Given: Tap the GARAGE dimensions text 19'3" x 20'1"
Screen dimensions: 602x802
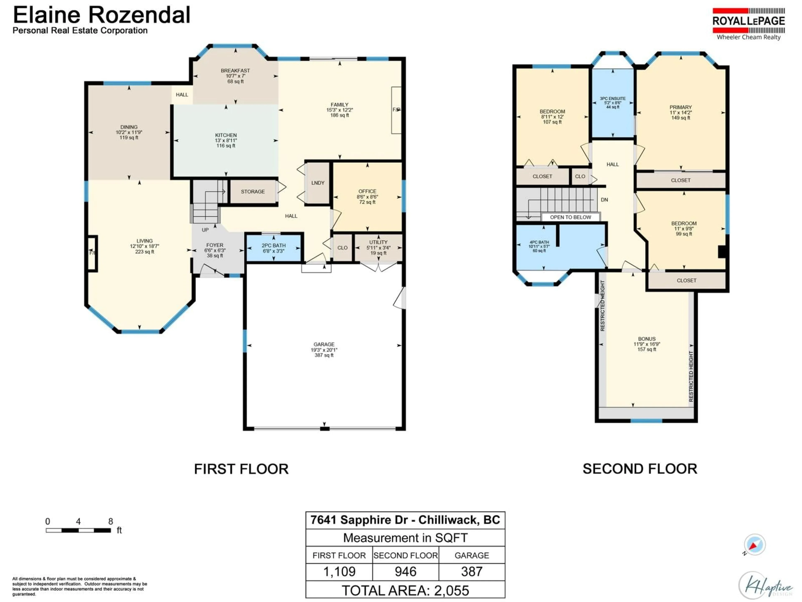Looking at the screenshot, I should (x=324, y=350).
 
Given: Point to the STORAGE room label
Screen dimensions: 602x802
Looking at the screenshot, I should (x=253, y=192).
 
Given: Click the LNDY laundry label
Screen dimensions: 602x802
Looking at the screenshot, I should (x=318, y=183).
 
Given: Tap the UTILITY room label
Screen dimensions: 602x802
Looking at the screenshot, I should (x=378, y=242).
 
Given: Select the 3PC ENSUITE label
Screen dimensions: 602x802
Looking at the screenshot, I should (x=612, y=98).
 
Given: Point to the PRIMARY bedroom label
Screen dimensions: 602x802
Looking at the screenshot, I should (x=680, y=107).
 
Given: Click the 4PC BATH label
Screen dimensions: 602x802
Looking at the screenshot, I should (x=539, y=242).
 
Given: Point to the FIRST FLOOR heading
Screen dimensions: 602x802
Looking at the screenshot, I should (x=241, y=469).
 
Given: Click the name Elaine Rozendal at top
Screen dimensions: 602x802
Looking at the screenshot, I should (x=102, y=15).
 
